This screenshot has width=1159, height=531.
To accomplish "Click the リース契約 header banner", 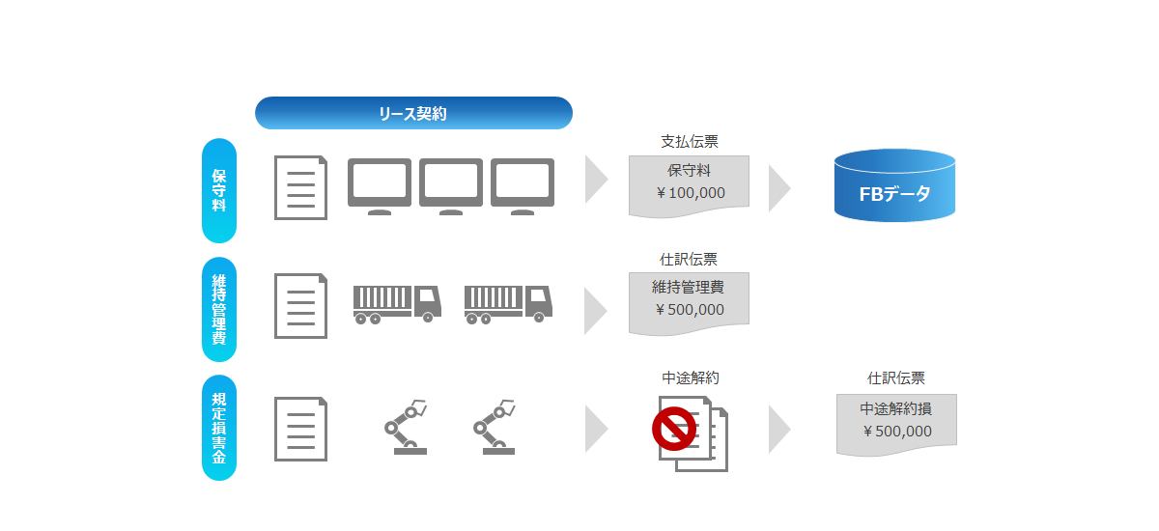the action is (413, 113).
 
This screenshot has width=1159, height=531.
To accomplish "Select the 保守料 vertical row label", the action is (219, 190).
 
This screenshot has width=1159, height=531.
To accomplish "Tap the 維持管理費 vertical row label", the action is (219, 309).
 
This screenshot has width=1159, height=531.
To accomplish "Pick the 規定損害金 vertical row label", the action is (219, 428).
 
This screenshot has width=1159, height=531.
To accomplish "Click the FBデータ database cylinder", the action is (894, 185).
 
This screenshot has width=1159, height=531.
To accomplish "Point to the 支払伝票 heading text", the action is (690, 141).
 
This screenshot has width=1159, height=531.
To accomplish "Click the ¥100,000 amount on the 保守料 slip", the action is (691, 193).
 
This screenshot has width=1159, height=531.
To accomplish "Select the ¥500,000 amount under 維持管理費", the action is (690, 310).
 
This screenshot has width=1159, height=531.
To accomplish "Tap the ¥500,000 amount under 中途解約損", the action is (897, 432).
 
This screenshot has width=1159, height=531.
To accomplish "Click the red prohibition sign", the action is (674, 429).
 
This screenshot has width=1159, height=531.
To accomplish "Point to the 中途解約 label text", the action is (691, 377).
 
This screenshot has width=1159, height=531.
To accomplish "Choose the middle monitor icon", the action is (451, 186).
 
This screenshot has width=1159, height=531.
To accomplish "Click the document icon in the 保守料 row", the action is (300, 187).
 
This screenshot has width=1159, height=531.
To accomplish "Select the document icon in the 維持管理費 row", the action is (300, 306).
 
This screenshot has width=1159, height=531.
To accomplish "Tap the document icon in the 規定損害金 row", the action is (300, 429).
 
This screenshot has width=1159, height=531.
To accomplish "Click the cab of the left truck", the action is (429, 302).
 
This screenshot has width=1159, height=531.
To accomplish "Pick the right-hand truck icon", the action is (508, 304).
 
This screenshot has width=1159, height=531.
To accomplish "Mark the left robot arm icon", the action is (407, 427).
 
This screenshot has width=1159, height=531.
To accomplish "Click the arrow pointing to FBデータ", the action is (779, 188).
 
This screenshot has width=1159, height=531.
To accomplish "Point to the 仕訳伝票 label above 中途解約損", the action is (896, 377).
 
